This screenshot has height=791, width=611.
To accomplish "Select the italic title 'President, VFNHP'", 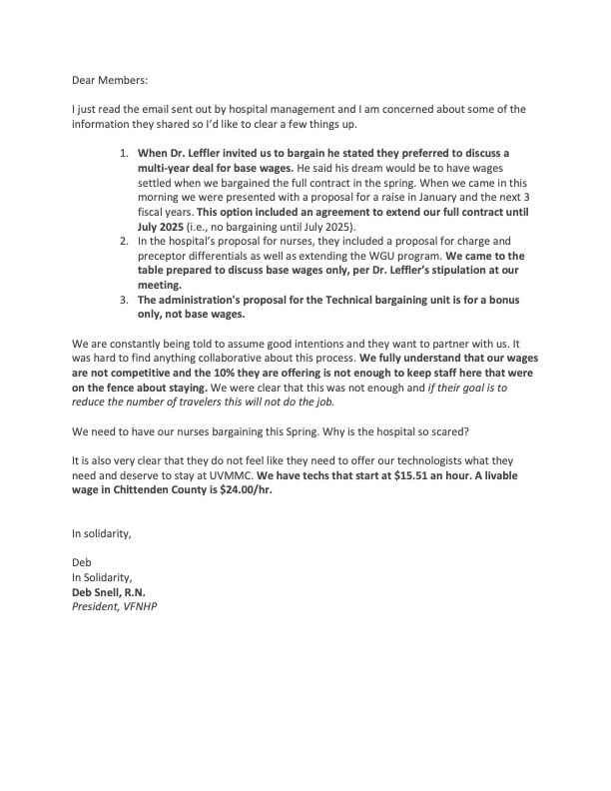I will (x=114, y=606).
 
